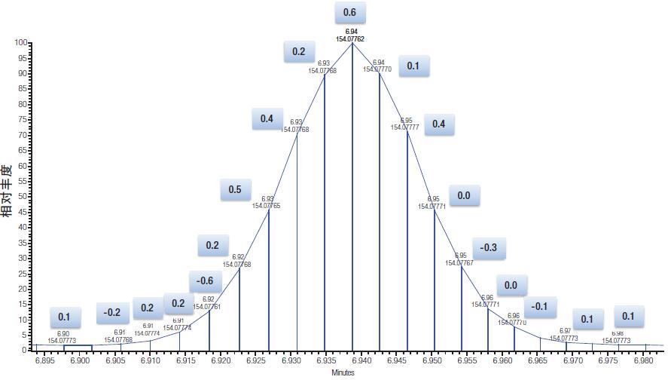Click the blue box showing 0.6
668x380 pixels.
pos(349,13)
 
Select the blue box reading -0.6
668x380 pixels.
pos(205,281)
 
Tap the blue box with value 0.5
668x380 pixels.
pos(236,190)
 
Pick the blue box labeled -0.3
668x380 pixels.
pos(490,248)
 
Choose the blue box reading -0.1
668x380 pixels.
pos(539,306)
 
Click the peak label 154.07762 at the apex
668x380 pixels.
pos(351,38)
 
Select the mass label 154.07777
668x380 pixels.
pos(405,127)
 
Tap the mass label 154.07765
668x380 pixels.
pos(267,205)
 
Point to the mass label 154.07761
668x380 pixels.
pos(207,307)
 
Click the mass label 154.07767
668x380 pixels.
pos(459,263)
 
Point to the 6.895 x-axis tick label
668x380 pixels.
pos(45,361)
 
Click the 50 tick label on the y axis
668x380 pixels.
pos(23,197)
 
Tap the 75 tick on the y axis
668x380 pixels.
pos(23,120)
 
